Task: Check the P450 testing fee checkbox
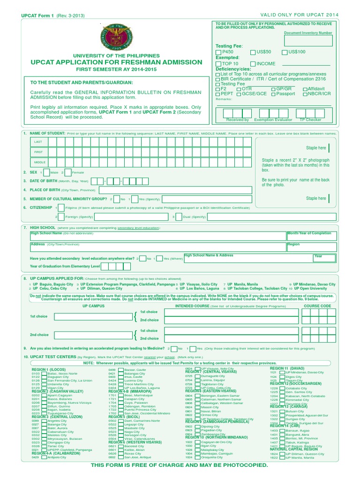click(x=218, y=52)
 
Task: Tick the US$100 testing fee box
click(x=285, y=52)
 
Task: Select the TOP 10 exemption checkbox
click(x=218, y=64)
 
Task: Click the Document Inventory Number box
click(x=307, y=41)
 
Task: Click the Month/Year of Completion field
click(x=312, y=236)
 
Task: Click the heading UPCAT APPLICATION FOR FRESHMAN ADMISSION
click(x=117, y=62)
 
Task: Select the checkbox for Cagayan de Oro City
click(x=197, y=442)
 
